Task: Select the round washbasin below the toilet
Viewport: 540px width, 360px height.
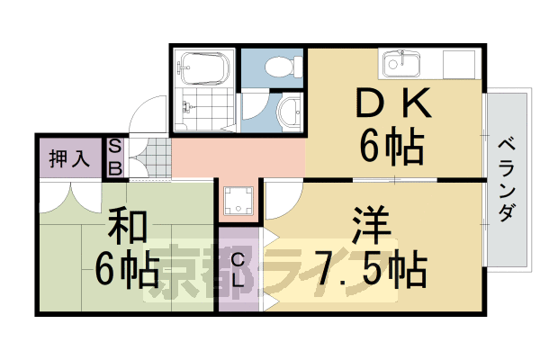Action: coord(290,112)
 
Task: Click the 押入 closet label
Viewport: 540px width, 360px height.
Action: coord(68,160)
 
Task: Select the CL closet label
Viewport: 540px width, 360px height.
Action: coord(238,271)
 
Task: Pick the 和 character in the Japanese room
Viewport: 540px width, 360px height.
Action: coord(128,227)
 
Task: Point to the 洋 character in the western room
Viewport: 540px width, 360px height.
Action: coord(369,225)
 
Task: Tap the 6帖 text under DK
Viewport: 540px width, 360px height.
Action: coord(393,146)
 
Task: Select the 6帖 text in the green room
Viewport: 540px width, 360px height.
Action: coord(128,267)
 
